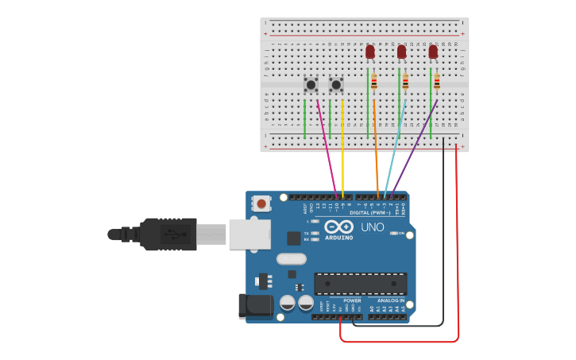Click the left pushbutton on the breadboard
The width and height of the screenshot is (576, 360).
(311, 84)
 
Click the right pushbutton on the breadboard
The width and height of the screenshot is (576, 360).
(336, 84)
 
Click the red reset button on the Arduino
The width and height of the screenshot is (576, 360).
(261, 204)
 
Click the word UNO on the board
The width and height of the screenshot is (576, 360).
(373, 227)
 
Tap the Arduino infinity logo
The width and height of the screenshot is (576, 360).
(338, 226)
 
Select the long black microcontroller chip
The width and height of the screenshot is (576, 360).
(361, 284)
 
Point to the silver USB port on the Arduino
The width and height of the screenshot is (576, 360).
(249, 234)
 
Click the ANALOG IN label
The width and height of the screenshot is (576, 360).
(390, 300)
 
